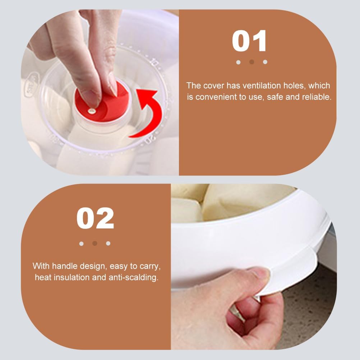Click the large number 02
[x=95, y=218]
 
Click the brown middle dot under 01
[x=251, y=62]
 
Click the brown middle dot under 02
[x=95, y=243]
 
